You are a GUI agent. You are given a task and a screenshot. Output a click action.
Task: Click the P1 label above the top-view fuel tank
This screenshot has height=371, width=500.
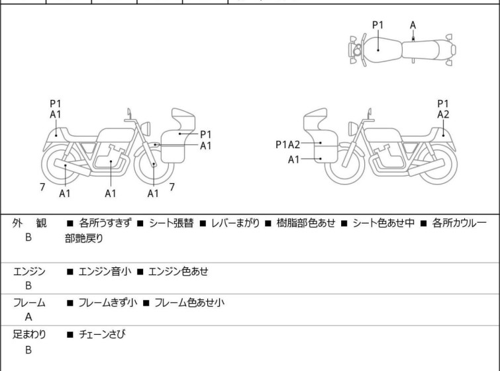pos(378,25)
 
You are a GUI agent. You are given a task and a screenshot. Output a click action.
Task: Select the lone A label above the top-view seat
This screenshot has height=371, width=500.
pos(413,25)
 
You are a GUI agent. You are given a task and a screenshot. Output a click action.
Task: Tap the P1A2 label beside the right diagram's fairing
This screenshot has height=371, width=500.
pos(287,145)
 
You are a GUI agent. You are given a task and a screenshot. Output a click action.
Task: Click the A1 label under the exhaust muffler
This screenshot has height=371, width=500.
pos(65,193)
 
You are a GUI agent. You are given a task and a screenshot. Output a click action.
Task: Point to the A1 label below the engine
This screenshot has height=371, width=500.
pos(111,193)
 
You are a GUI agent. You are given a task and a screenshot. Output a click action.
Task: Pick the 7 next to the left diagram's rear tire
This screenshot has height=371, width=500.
pos(42,187)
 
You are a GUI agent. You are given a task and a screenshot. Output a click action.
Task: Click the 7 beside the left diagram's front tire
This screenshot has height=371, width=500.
pos(172,187)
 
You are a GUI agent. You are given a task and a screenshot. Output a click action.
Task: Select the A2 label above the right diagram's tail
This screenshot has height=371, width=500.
pos(443,114)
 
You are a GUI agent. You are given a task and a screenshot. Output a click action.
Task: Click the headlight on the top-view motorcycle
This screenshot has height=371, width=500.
pos(357,50)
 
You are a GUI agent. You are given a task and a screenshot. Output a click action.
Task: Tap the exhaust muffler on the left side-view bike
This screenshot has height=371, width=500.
pos(72,167)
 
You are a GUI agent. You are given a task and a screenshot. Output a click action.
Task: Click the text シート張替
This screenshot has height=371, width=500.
pos(172,223)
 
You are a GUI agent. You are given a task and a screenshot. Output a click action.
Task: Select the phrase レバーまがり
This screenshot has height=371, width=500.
pos(236,223)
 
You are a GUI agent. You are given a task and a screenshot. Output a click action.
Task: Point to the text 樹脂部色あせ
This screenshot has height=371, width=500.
pos(306,223)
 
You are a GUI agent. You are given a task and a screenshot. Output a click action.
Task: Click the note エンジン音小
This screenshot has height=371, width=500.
pos(105,272)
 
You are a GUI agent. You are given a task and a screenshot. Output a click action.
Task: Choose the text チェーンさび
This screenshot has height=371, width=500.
pos(102,335)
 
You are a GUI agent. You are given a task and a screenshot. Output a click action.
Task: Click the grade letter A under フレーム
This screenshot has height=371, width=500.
pos(28,317)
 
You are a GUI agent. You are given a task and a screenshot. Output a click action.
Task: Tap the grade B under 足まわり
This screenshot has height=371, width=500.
pos(28,350)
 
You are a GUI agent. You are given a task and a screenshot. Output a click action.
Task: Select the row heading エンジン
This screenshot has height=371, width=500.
pos(29,272)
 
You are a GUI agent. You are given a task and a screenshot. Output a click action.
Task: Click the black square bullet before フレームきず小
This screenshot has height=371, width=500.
pos(70,303)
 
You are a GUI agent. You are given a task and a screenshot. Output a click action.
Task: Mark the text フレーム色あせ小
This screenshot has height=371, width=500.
pos(189,302)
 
